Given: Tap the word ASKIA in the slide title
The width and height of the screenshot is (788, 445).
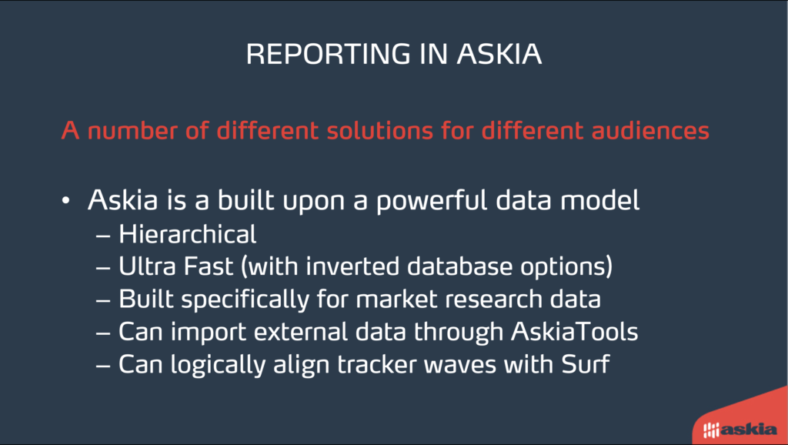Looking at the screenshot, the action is pos(499,54).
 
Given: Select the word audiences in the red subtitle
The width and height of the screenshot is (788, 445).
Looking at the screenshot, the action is pos(650,131).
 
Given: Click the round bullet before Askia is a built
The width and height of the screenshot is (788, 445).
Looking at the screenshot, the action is pos(66,201).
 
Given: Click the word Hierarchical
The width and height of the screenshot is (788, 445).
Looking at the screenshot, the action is pos(188,234).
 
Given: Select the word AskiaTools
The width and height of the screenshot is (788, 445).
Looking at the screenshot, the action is pos(574,332).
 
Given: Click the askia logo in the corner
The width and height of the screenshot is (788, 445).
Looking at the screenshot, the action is pos(740,430).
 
